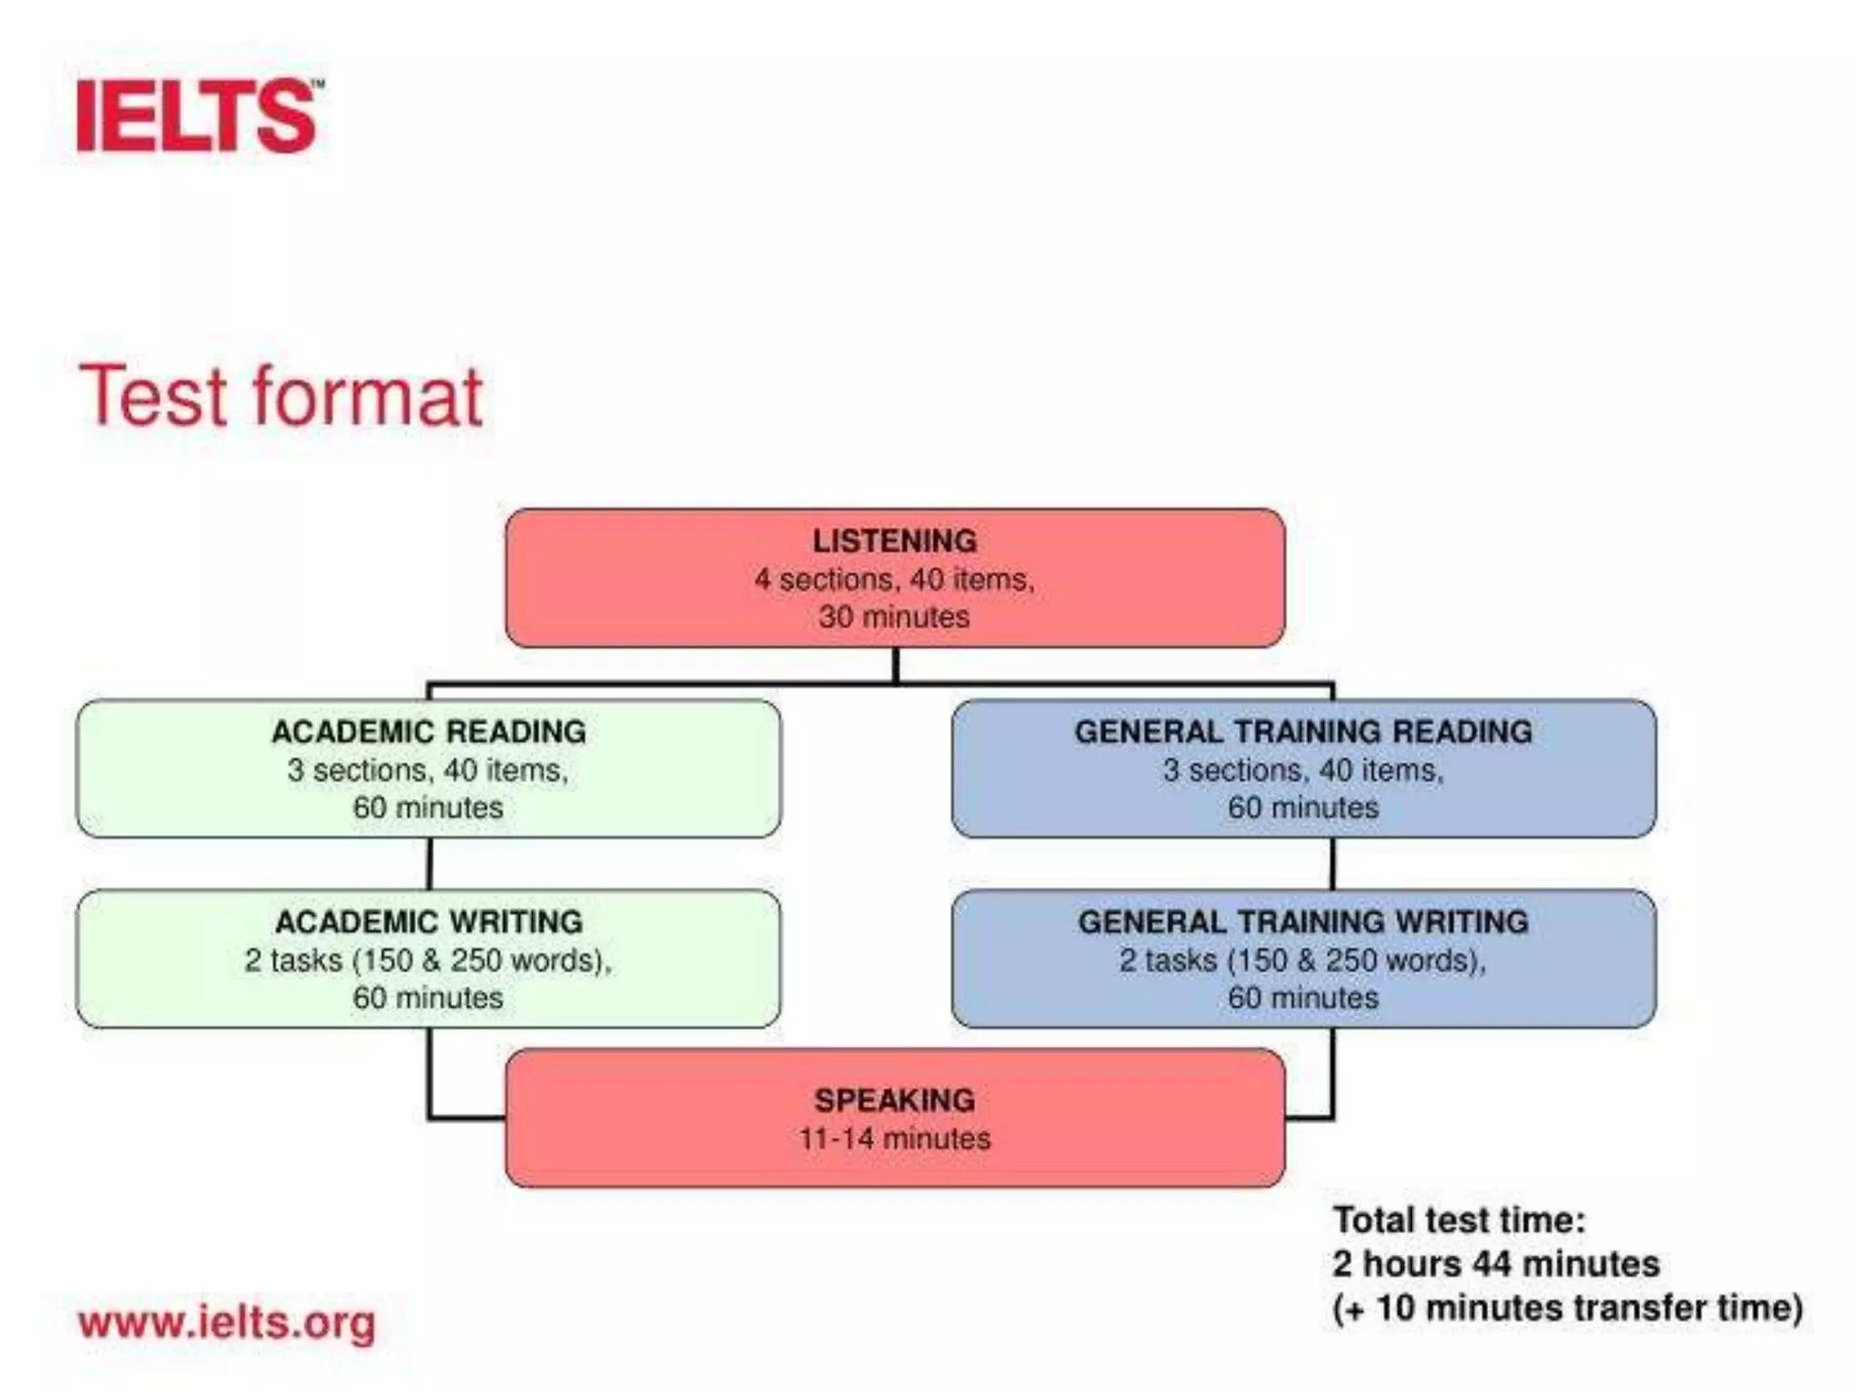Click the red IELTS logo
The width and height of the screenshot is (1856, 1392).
198,116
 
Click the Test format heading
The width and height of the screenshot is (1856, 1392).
281,395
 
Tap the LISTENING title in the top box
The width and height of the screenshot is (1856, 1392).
894,541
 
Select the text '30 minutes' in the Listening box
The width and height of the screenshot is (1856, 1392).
894,617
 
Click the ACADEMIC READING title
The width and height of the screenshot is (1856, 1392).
429,731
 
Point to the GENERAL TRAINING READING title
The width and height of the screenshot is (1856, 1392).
1303,731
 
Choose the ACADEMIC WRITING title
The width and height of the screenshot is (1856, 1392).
429,922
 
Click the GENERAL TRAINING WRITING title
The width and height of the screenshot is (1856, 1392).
1303,922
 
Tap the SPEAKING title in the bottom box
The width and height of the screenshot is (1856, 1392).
894,1100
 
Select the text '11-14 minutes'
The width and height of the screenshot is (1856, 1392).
894,1138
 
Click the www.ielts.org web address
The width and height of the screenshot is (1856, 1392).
227,1323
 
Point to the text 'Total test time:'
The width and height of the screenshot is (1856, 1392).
1459,1220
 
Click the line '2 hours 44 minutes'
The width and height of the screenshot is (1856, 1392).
1495,1263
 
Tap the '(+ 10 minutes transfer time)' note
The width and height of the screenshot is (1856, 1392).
1568,1308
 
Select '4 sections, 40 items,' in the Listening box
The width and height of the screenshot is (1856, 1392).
894,579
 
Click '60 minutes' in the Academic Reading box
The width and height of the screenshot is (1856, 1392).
429,807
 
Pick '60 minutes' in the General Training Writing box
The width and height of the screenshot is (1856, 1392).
1303,998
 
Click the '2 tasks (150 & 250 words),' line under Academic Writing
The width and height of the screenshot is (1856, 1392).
429,960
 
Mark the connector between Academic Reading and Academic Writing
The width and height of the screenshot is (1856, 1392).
429,864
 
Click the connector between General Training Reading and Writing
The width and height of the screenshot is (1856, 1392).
1332,864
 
